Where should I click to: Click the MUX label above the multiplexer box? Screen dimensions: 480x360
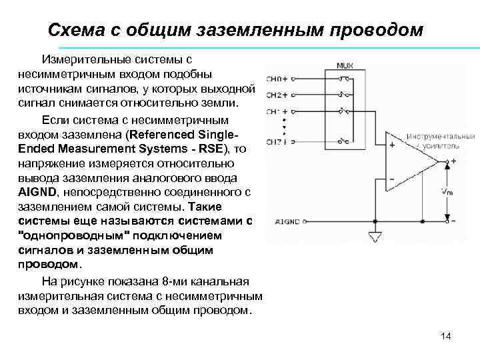click(x=345, y=66)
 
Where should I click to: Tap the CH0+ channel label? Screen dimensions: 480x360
click(x=277, y=79)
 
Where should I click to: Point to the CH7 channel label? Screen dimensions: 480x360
click(x=275, y=141)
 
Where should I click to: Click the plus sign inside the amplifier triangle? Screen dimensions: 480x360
click(x=392, y=144)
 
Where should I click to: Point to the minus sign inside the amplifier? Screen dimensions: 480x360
click(x=392, y=179)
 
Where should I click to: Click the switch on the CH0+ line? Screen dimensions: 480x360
click(x=344, y=79)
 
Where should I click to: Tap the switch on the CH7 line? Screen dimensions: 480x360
click(x=344, y=141)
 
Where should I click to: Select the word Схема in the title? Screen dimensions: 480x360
click(x=78, y=30)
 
